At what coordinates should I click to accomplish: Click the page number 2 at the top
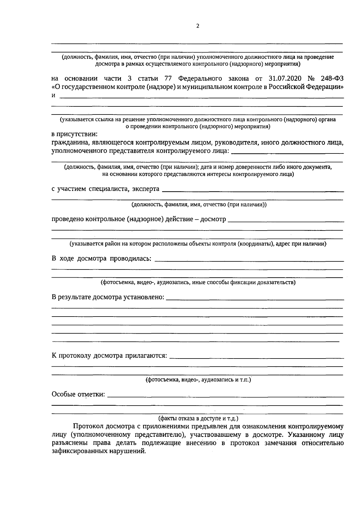pyautogui.click(x=197, y=26)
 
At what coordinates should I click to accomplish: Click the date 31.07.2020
pyautogui.click(x=283, y=79)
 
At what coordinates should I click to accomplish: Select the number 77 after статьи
pyautogui.click(x=168, y=79)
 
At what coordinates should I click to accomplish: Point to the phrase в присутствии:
pyautogui.click(x=75, y=135)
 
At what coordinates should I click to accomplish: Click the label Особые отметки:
pyautogui.click(x=79, y=394)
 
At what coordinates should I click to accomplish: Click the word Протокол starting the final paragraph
pyautogui.click(x=86, y=427)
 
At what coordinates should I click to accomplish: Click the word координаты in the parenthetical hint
pyautogui.click(x=256, y=244)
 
